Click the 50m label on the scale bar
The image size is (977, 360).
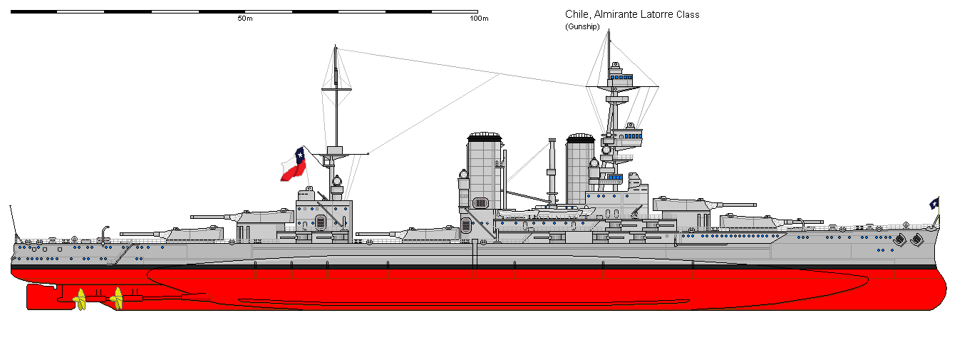[x=244, y=18]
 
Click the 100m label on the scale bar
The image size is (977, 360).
[x=479, y=18]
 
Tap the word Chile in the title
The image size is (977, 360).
[x=576, y=15]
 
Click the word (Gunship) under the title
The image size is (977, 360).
[x=582, y=26]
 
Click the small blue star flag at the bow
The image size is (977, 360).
[x=934, y=203]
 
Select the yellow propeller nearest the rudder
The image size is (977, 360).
[x=81, y=299]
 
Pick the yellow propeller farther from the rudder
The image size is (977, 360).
[x=118, y=299]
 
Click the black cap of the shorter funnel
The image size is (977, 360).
[x=580, y=137]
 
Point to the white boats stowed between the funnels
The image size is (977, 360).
[x=545, y=211]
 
